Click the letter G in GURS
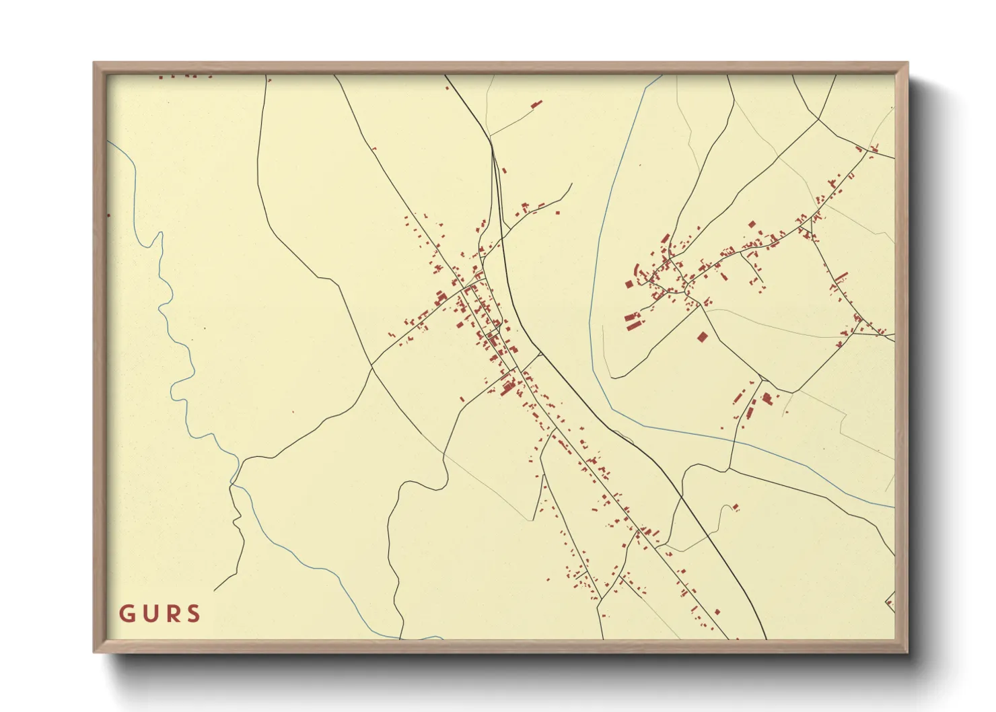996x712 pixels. (127, 614)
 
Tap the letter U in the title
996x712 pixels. (149, 614)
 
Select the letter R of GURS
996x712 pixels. (172, 614)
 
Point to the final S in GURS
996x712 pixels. (194, 614)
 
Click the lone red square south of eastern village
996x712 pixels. (702, 336)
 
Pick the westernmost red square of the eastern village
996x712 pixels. (629, 284)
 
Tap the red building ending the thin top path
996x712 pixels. (536, 104)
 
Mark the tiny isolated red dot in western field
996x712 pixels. (293, 412)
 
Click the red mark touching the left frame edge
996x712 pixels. (108, 215)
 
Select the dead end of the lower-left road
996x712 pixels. (215, 590)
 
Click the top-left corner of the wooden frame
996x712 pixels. (94, 63)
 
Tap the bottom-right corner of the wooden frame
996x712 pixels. (907, 651)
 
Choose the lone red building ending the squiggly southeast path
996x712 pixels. (736, 507)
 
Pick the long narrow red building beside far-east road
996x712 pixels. (841, 276)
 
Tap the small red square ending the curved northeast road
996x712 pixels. (557, 212)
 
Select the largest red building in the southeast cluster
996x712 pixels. (766, 398)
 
